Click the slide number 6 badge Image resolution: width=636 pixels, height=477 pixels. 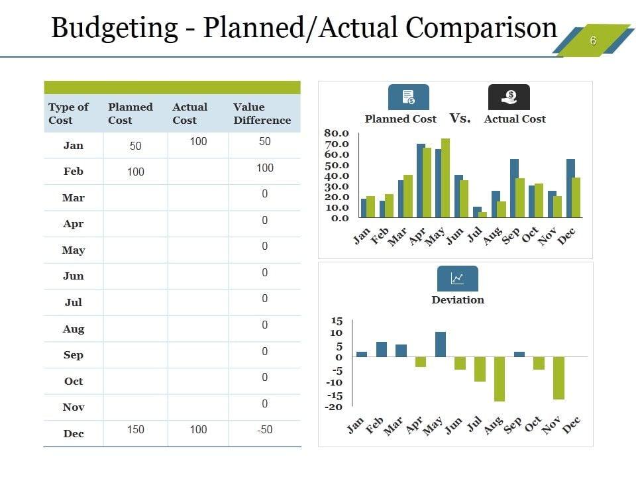coord(593,40)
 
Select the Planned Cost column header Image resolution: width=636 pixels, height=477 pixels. coord(130,113)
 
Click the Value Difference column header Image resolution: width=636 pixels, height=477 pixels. coord(262,113)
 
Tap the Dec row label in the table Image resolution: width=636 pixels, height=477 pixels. coord(74,433)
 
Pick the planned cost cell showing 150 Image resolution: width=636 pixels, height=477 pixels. coord(135,429)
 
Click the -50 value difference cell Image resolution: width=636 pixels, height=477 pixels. coord(264,429)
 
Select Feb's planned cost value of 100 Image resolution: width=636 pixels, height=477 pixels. coord(135,172)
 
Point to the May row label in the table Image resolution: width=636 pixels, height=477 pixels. coord(74,250)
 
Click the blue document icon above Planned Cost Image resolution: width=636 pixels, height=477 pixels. coord(408,97)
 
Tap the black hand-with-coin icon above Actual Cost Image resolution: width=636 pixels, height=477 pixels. coord(509,97)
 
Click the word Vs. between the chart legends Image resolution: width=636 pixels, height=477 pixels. coord(460,119)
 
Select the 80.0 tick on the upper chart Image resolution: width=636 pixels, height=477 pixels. coord(336,133)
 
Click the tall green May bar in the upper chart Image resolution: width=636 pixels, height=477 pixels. coord(445,178)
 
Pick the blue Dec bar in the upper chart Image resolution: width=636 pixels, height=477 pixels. coord(570,188)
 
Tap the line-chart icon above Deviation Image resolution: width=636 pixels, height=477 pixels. coord(457,278)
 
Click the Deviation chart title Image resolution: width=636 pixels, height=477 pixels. coord(458,299)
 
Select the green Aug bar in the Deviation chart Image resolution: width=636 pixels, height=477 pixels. coord(499,379)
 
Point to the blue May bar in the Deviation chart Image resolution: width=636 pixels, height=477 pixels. coord(441,344)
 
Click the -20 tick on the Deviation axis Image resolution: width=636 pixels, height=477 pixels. coord(333,407)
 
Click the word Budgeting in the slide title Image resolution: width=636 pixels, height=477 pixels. coord(115,28)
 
